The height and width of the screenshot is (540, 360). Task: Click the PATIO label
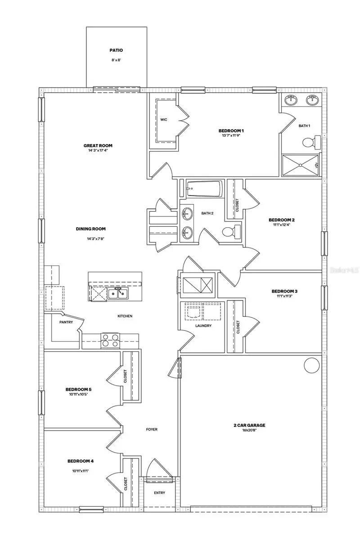[116, 51]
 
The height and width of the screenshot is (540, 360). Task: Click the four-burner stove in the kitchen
[110, 340]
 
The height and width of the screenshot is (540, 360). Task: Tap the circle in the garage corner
[311, 365]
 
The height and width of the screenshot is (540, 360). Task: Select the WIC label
[164, 120]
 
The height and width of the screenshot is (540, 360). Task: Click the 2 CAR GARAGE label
[249, 425]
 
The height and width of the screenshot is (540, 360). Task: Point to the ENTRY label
[159, 493]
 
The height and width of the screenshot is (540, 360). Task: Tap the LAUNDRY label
[203, 325]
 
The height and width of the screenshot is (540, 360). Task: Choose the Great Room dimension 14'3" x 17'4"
[98, 150]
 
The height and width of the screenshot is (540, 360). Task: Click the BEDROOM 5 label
[79, 389]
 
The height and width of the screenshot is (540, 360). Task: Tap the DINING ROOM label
[90, 229]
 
